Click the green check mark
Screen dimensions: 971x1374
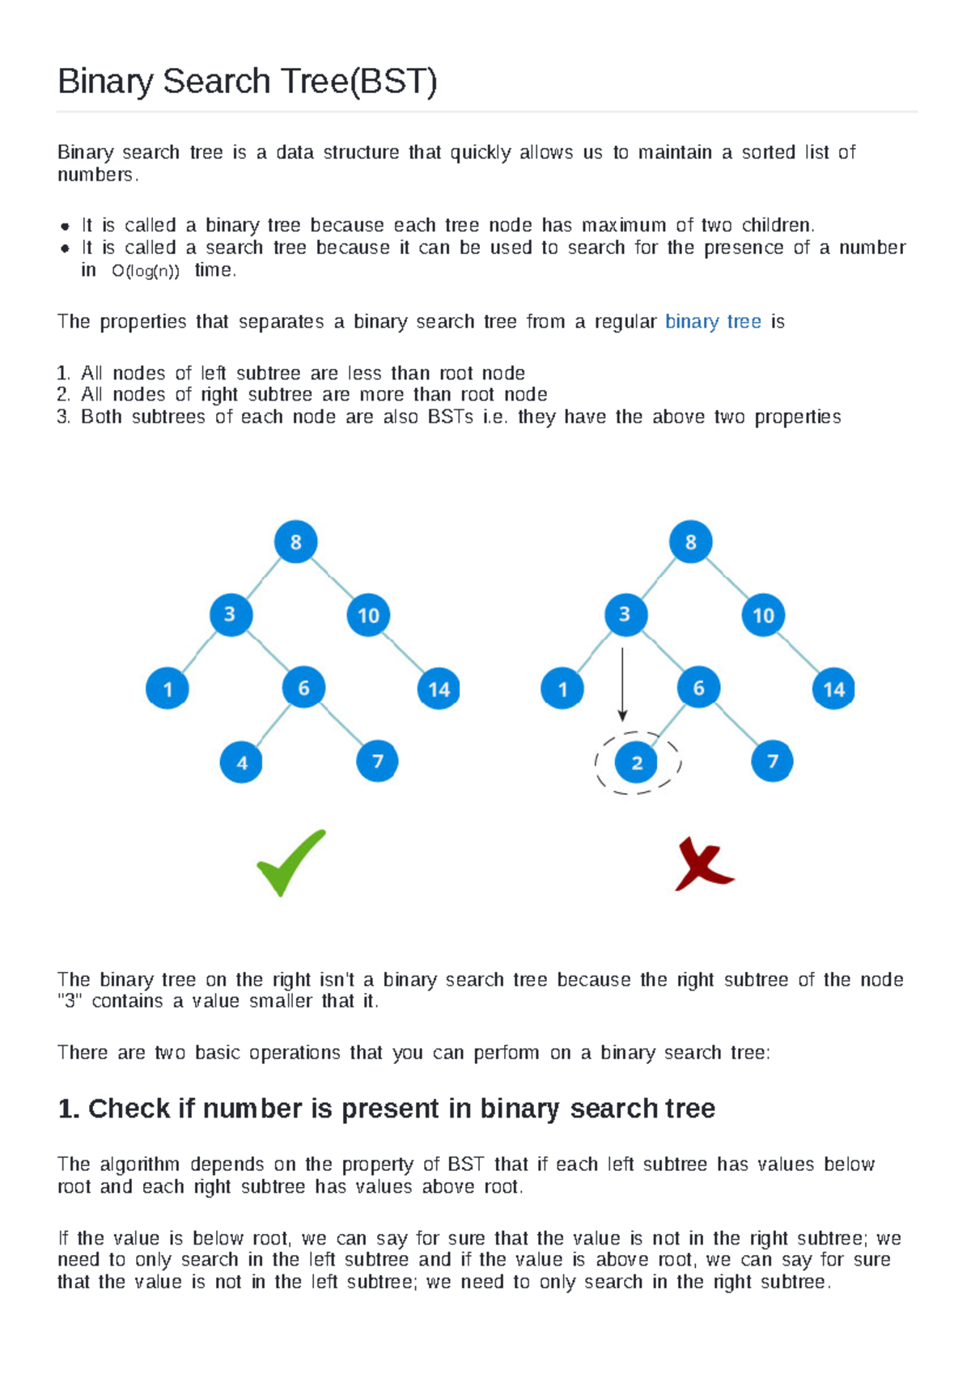[x=290, y=863]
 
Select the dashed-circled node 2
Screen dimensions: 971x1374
[x=637, y=762]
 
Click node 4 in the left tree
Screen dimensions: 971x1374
[x=241, y=762]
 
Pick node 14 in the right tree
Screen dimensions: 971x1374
[x=833, y=689]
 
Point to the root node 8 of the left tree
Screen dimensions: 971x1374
[x=295, y=542]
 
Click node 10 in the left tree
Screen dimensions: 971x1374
[x=368, y=616]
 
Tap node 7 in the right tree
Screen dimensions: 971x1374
[x=772, y=761]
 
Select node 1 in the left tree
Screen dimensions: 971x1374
[x=167, y=689]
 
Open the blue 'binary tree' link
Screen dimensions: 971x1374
[x=713, y=322]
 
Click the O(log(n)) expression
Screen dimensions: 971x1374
[x=146, y=272]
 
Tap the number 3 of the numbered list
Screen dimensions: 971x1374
[x=63, y=418]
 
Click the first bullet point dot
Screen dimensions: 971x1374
[x=65, y=227]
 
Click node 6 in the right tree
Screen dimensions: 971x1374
[x=698, y=689]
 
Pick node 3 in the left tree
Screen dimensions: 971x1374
[x=231, y=615]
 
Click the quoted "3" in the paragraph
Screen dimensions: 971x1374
[x=70, y=1002]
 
